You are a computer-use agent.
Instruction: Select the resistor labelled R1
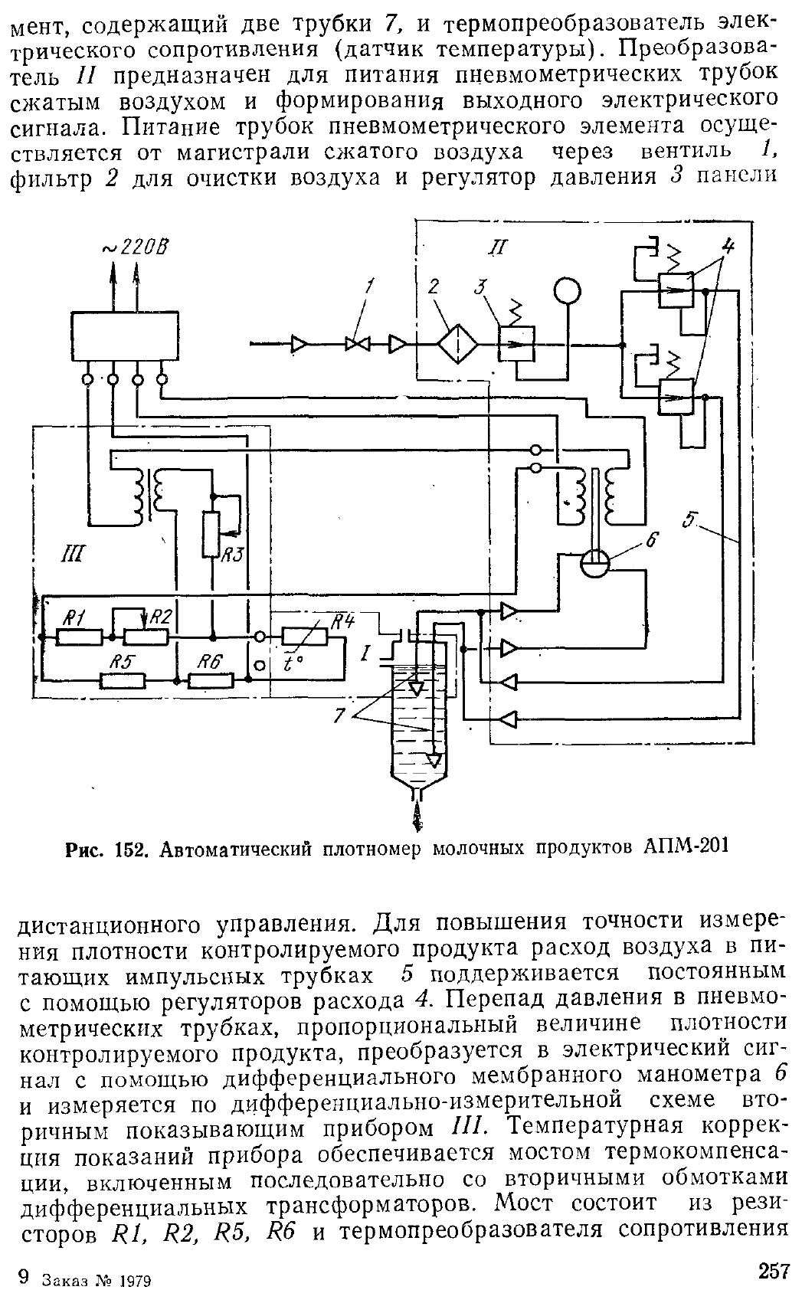[80, 637]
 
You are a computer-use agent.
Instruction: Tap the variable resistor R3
[212, 533]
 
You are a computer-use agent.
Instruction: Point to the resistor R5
[123, 679]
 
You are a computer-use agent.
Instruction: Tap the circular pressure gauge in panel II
[568, 291]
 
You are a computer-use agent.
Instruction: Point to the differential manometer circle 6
[594, 567]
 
